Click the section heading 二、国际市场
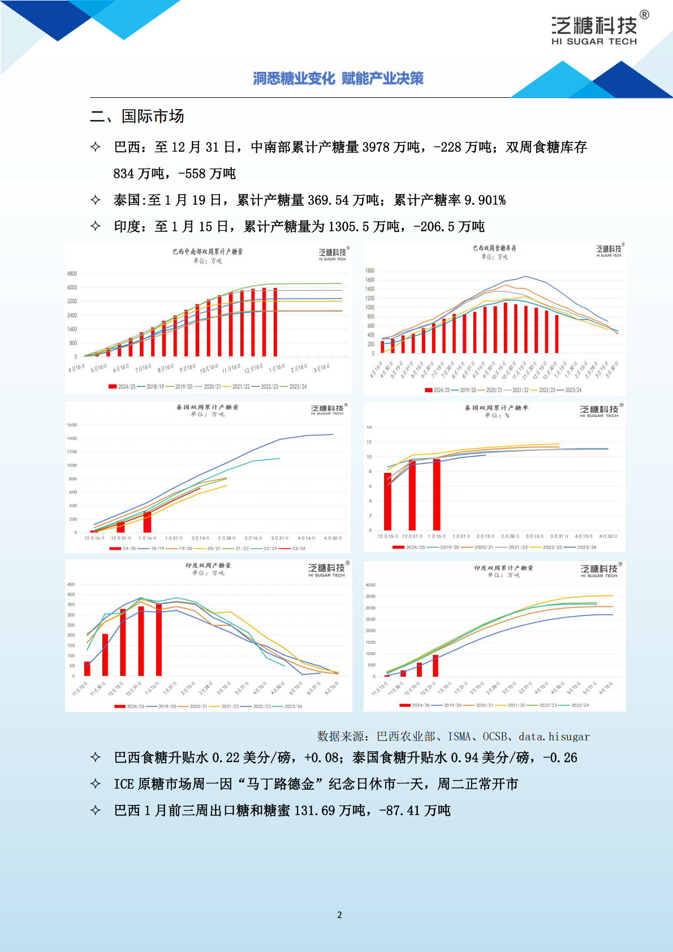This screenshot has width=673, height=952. (137, 117)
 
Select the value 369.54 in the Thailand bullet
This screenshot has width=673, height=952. (328, 200)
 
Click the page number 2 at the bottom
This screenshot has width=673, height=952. (339, 915)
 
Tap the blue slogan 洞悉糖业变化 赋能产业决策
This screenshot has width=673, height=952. (338, 79)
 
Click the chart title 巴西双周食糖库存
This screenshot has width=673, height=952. (494, 248)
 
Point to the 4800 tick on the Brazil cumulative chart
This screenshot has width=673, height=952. (72, 274)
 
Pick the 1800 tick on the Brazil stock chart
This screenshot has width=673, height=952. (370, 271)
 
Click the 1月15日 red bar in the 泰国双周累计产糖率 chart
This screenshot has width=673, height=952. (437, 494)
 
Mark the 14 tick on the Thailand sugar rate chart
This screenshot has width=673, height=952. (369, 427)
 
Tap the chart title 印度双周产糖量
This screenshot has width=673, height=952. (208, 565)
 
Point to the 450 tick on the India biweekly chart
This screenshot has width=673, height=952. (71, 584)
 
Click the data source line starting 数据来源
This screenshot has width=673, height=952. (453, 736)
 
